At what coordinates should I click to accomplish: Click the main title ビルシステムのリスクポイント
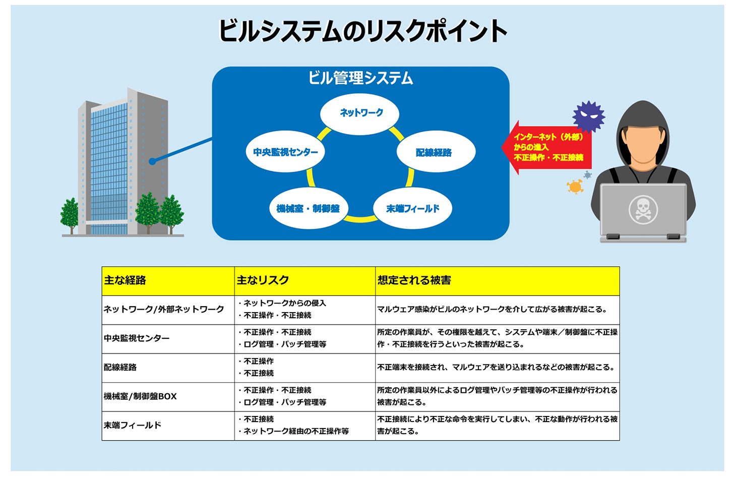click(362, 31)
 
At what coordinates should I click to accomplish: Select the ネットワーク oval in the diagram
click(360, 113)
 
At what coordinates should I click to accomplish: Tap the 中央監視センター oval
click(285, 152)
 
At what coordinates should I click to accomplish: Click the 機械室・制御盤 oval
click(308, 209)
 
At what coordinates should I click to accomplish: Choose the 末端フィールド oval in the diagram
click(412, 209)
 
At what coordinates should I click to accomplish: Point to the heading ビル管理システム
click(360, 78)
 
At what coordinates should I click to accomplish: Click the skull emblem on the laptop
click(643, 209)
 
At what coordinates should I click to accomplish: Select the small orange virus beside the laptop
click(575, 187)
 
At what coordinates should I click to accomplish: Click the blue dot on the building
click(152, 161)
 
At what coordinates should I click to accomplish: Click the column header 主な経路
click(125, 280)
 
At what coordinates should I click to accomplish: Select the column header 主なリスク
click(263, 280)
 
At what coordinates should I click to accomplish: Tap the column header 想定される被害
click(414, 280)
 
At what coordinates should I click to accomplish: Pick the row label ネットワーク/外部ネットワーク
click(164, 309)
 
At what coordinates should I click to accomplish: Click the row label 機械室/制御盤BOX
click(140, 396)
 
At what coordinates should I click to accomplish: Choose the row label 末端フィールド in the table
click(133, 425)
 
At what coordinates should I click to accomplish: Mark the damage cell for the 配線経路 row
click(497, 367)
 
